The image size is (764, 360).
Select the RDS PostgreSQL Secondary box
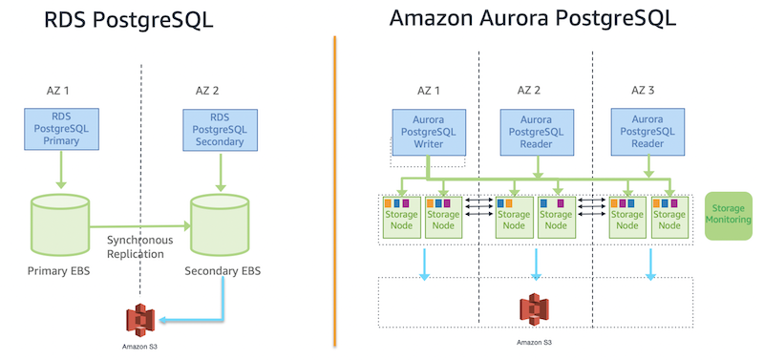click(x=220, y=129)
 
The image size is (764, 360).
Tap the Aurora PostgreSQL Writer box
click(x=429, y=131)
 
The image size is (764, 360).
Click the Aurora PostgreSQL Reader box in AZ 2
click(x=535, y=131)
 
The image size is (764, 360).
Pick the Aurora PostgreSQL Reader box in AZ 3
click(x=647, y=131)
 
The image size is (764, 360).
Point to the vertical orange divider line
click(x=335, y=191)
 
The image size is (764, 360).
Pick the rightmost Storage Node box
click(x=668, y=217)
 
